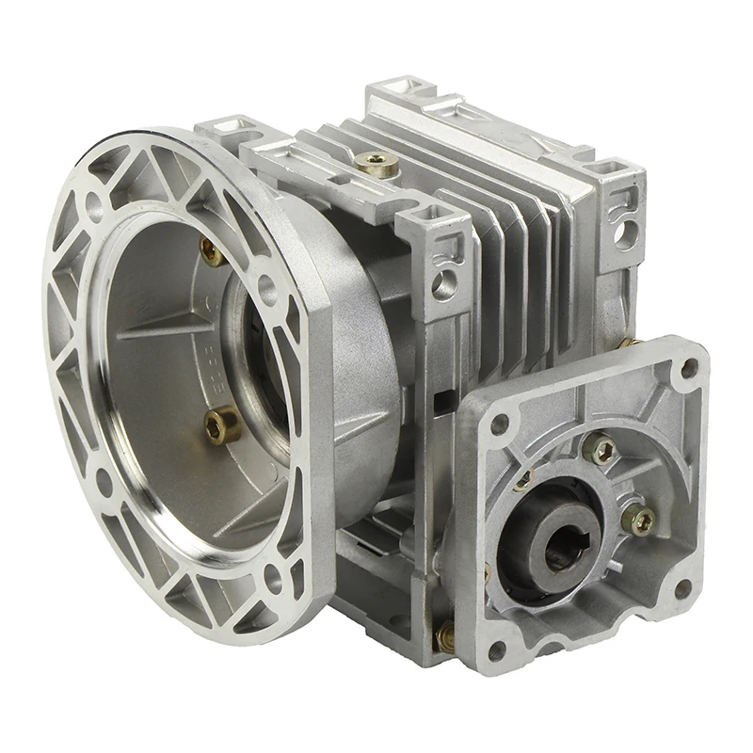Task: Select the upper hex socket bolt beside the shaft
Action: coord(600,450)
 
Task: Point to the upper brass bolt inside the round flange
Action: coord(211,251)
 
